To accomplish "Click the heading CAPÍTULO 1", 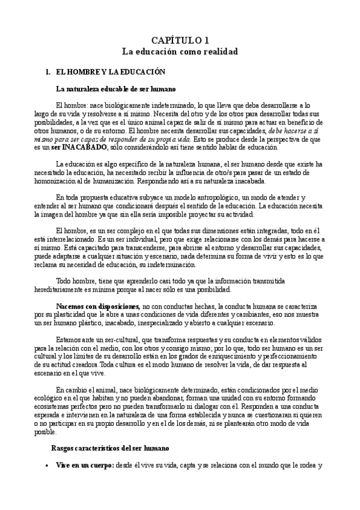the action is pos(180,40).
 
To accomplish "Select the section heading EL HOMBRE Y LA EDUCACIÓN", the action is pos(110,72).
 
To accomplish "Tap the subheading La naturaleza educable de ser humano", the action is pos(115,88).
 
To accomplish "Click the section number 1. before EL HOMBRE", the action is pos(48,72).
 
